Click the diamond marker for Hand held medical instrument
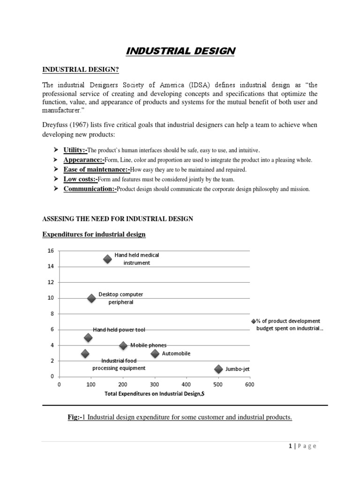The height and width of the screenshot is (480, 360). [x=107, y=259]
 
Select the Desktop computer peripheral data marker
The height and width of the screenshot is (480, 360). [x=91, y=298]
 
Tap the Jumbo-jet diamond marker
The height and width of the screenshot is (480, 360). [x=218, y=369]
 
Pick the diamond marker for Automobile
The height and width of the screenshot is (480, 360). [x=155, y=353]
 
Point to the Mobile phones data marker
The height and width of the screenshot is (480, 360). [x=123, y=345]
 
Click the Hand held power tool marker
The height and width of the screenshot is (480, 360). [x=88, y=337]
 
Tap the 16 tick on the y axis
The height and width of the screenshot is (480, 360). [x=51, y=251]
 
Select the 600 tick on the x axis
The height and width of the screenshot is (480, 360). [x=249, y=385]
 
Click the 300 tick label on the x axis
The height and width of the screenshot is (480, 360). [x=154, y=385]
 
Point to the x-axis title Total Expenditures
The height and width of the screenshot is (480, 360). [x=154, y=394]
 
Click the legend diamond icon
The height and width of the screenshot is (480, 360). [x=254, y=321]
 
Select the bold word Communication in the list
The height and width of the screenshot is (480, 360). [x=89, y=189]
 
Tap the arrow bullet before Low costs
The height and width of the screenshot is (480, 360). [x=55, y=179]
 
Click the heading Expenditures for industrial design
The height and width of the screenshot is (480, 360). [x=94, y=234]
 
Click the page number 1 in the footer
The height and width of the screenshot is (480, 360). [x=290, y=446]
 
